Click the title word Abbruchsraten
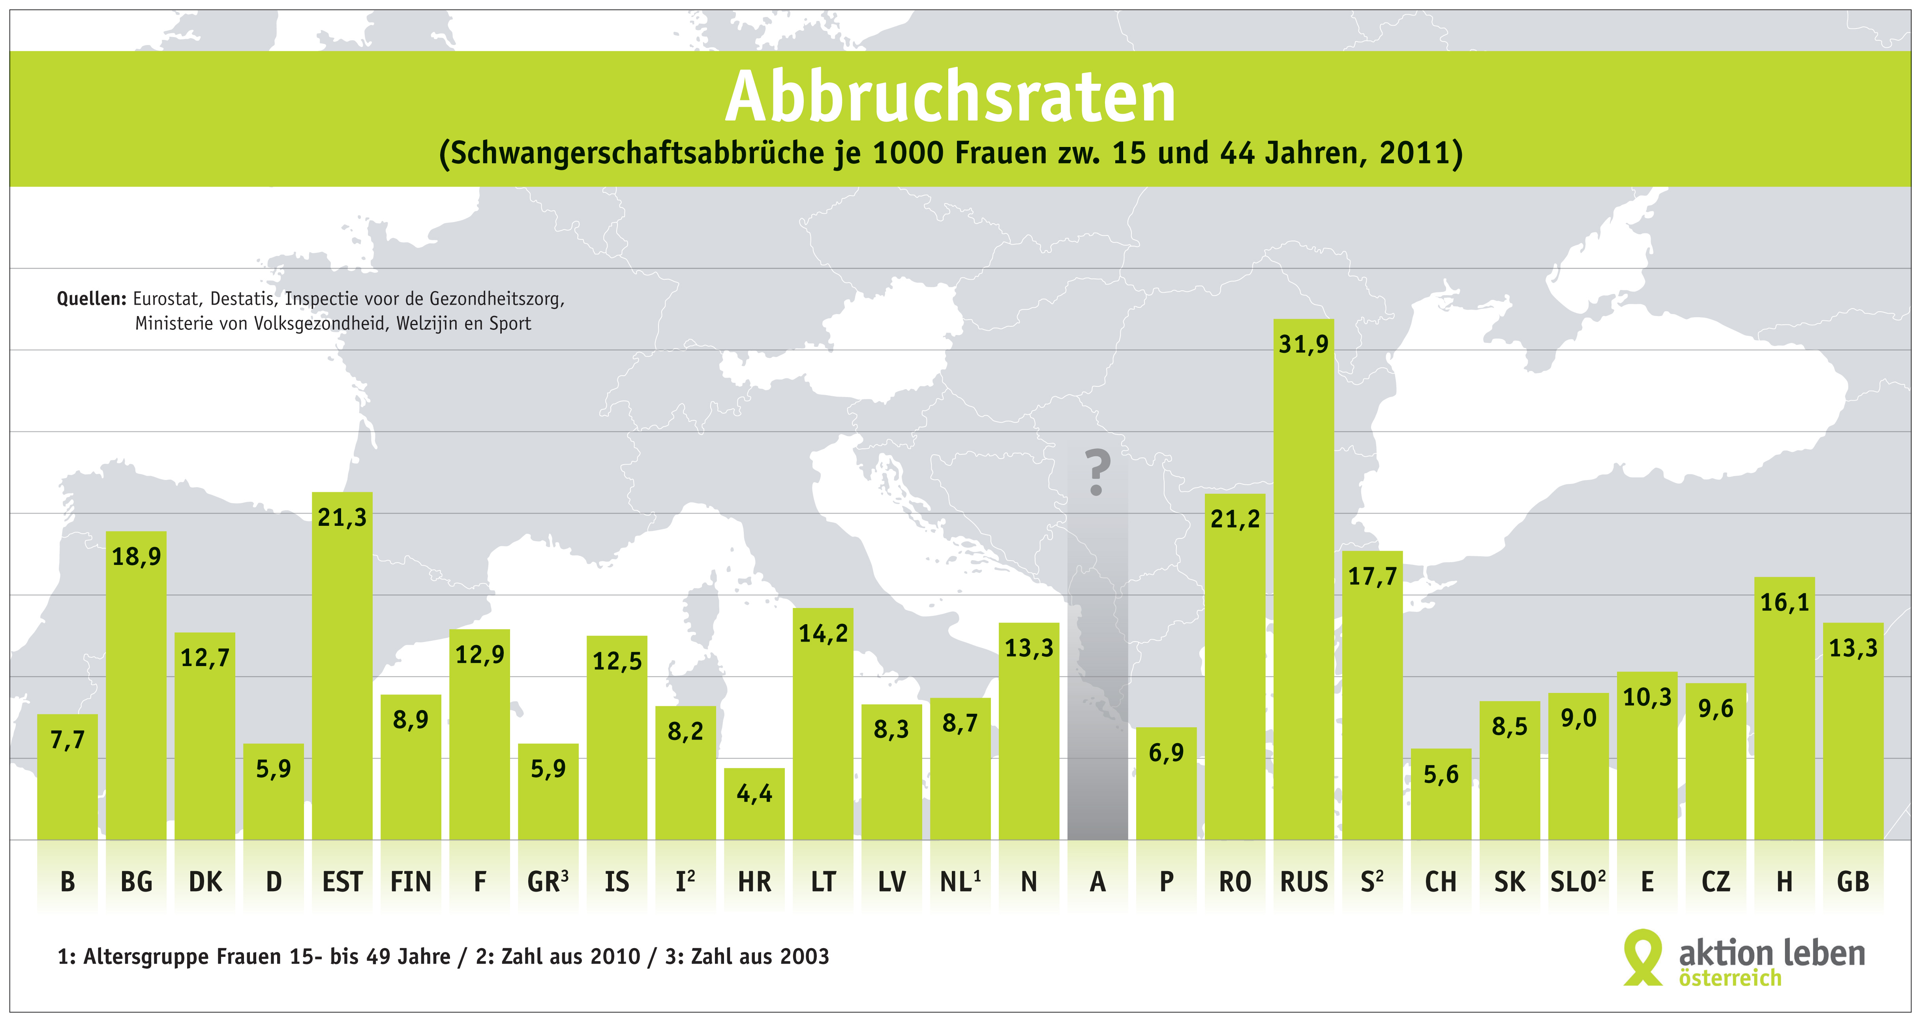click(950, 97)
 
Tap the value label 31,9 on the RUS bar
click(1304, 344)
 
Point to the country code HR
click(755, 882)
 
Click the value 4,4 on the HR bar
click(755, 793)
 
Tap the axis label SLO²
click(1578, 882)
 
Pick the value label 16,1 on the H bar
click(1784, 603)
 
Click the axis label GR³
click(548, 882)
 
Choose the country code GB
click(1853, 882)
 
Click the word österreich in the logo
click(1730, 978)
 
